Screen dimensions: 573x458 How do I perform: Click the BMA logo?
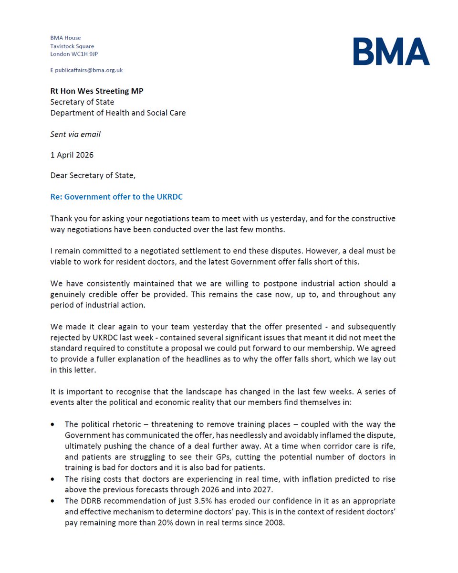pos(391,52)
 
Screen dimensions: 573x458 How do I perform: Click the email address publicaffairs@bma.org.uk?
pos(89,70)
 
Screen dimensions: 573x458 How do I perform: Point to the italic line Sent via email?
pos(75,134)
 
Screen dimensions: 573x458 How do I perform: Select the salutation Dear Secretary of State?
pos(93,175)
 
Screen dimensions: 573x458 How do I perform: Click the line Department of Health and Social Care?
pos(118,113)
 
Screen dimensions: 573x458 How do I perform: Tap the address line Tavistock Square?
pos(72,46)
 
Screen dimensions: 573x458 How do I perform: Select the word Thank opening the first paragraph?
pos(61,218)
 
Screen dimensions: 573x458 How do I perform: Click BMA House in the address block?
pos(66,38)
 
